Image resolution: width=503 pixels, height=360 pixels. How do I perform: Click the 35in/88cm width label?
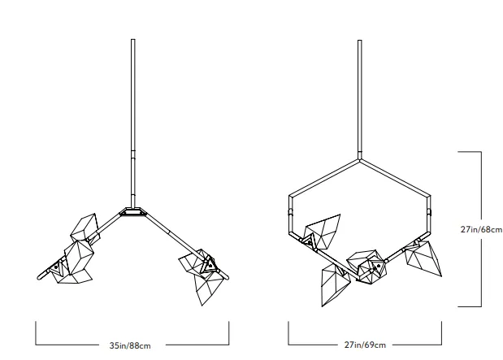coord(130,345)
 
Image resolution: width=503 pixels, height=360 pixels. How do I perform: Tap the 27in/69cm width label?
coord(365,345)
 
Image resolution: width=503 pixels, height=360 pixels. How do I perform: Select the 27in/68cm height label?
coord(481,229)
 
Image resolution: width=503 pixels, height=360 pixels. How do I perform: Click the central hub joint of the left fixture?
coord(132,212)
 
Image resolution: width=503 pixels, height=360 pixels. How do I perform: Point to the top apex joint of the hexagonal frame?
coord(360,158)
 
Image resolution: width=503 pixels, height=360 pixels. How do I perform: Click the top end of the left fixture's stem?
coord(132,40)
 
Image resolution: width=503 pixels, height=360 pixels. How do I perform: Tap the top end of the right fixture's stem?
coord(360,41)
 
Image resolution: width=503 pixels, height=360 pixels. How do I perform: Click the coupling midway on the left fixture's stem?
coord(132,154)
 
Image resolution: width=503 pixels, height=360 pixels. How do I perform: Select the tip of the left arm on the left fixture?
coord(39,278)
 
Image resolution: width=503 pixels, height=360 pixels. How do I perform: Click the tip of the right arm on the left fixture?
coord(227,277)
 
